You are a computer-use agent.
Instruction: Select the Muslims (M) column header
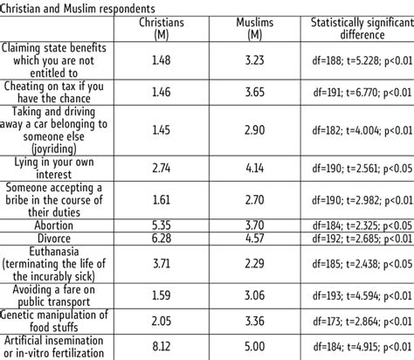[x=257, y=29]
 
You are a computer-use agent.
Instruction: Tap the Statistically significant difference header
[x=358, y=29]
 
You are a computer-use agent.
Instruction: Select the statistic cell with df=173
[x=358, y=321]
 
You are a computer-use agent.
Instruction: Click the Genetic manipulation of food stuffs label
[x=54, y=321]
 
